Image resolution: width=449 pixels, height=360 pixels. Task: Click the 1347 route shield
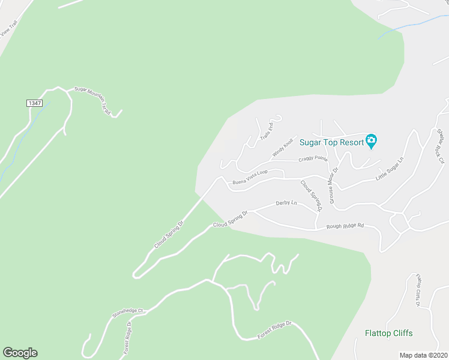pos(34,103)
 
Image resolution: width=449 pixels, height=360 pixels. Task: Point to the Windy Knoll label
pos(282,148)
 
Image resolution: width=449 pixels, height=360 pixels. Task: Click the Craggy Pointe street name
pos(313,160)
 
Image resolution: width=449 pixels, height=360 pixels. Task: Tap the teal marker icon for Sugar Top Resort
pos(372,142)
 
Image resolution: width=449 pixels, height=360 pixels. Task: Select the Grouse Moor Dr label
pos(332,184)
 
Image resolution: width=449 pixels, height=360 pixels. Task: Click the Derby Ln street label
pos(286,203)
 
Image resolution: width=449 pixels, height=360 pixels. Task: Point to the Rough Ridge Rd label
pos(345,226)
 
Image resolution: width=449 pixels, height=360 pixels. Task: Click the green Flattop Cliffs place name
pos(389,333)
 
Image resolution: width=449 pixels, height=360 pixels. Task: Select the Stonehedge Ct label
pos(128,313)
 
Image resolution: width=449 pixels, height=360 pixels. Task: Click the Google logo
pos(20,353)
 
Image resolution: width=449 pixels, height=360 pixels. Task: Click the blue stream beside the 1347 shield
pos(18,144)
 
